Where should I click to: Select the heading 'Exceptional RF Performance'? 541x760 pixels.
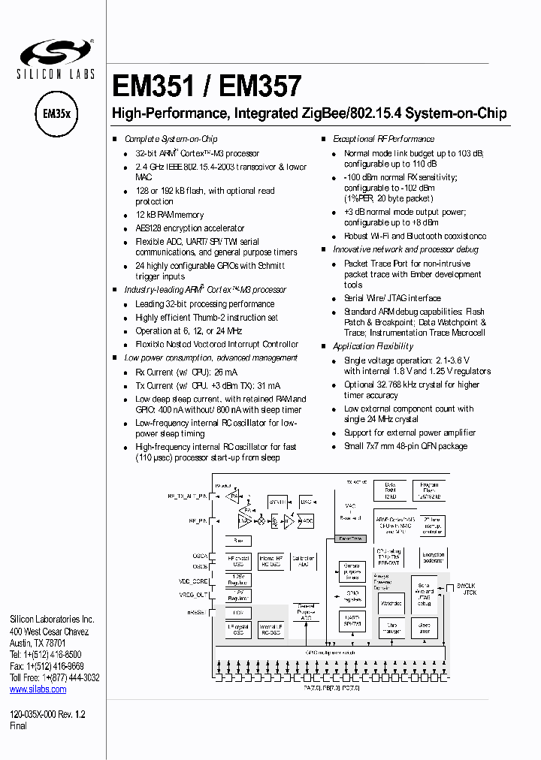(383, 139)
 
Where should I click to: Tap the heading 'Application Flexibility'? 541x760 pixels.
(373, 346)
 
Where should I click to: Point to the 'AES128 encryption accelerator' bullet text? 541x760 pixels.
(189, 228)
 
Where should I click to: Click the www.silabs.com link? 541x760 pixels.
(38, 689)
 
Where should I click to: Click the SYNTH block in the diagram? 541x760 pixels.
(278, 501)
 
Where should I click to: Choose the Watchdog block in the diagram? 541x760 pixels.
(392, 602)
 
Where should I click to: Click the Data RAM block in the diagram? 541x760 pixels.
(390, 489)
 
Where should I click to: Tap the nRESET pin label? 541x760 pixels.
(198, 613)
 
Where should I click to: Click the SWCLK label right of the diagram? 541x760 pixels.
(466, 585)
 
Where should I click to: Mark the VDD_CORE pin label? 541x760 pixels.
(194, 582)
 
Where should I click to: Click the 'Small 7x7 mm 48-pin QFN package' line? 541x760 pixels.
(406, 446)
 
